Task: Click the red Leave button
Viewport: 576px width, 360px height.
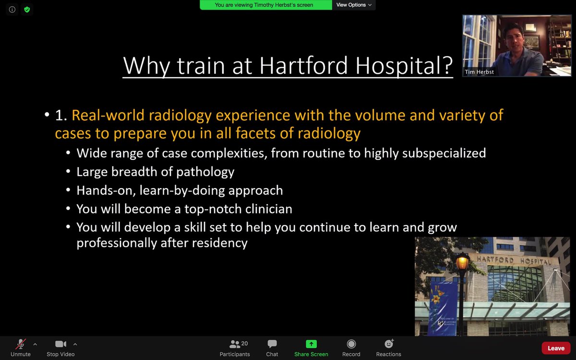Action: click(x=556, y=348)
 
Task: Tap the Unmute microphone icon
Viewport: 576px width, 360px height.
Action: click(x=21, y=344)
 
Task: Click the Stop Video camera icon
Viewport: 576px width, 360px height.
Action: click(x=60, y=344)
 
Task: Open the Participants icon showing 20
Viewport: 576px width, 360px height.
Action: click(x=235, y=344)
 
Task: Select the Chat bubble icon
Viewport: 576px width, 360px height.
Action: click(x=272, y=344)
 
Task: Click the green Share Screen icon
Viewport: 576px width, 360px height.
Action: click(x=311, y=344)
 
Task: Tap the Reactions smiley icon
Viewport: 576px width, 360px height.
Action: click(x=389, y=344)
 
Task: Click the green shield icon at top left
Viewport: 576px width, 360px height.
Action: click(x=27, y=9)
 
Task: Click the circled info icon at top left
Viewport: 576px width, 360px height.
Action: click(x=12, y=9)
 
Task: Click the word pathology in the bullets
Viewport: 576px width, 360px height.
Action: click(x=203, y=171)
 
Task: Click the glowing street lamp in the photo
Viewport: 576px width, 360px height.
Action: click(x=462, y=263)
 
